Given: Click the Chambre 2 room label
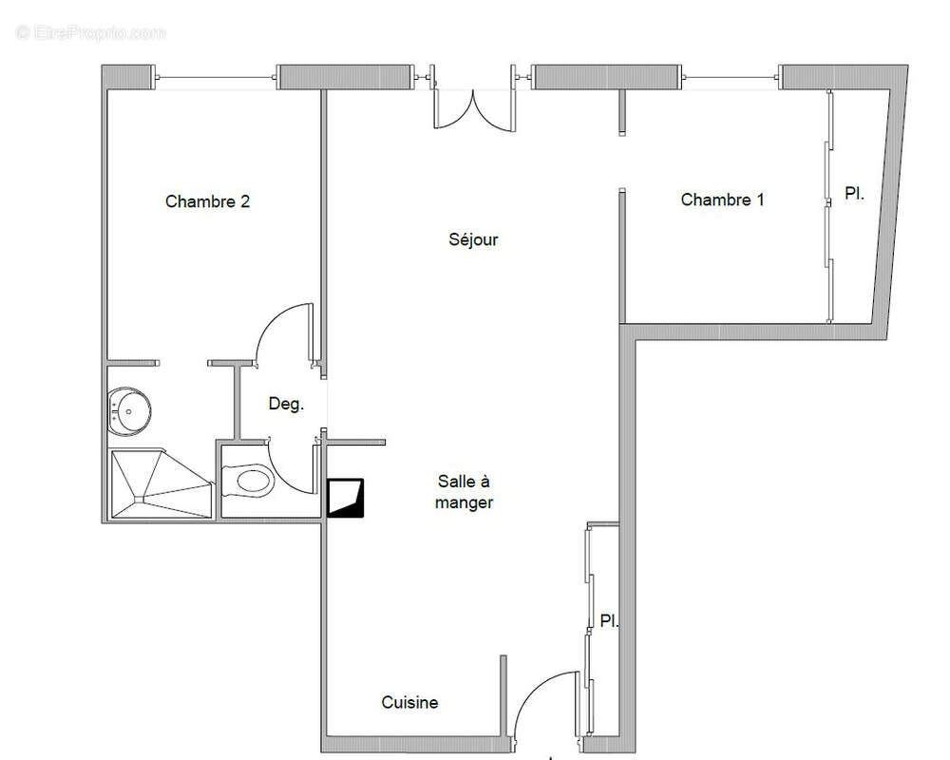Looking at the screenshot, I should [207, 201].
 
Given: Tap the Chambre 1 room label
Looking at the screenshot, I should [722, 199].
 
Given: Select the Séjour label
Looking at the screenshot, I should [473, 239].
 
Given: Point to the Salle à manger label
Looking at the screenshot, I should [464, 492].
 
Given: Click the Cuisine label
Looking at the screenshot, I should [409, 703].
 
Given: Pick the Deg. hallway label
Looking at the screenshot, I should [286, 404].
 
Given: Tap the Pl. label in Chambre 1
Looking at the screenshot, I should [854, 193].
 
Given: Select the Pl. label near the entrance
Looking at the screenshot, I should [609, 621].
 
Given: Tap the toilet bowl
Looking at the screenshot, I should [251, 481].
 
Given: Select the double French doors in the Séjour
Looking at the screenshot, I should [474, 106].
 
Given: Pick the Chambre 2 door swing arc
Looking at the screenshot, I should [283, 332].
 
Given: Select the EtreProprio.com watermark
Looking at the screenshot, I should [90, 32].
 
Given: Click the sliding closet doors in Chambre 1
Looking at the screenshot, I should [828, 204].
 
